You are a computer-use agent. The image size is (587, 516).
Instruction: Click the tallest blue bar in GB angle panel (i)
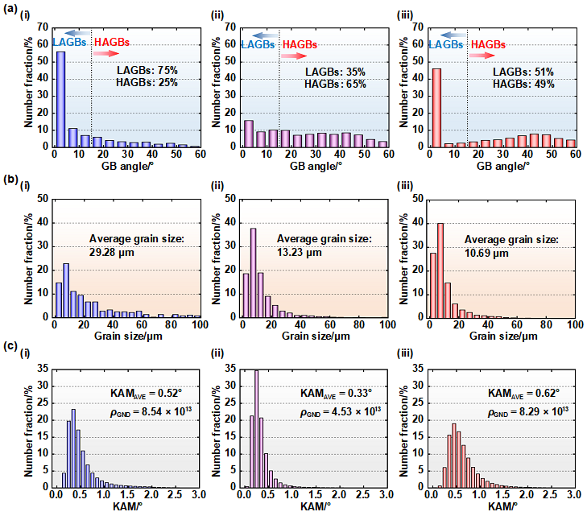click(60, 99)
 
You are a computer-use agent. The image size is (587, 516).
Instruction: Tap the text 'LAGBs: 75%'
click(147, 71)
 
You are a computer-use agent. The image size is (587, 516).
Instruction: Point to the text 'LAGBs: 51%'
click(523, 72)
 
